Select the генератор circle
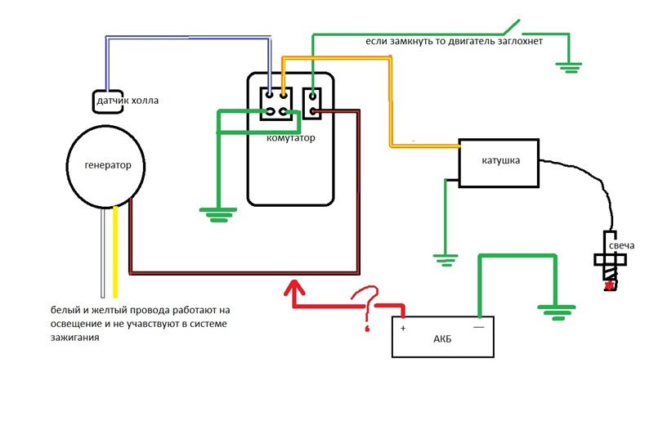coord(107,165)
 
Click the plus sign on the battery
coord(403,329)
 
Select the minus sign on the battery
coord(478,327)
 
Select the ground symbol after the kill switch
coord(569,66)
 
